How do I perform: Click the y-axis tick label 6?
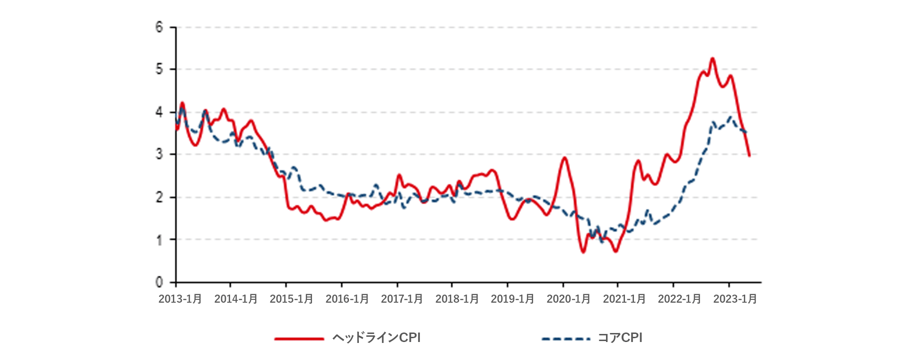coord(159,27)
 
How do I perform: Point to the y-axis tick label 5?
coord(159,69)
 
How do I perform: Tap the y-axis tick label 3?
coord(159,154)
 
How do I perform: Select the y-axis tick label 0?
coord(159,282)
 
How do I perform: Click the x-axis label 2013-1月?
coord(180,299)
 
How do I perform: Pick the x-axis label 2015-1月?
coord(292,299)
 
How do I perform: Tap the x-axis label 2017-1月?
coord(402,299)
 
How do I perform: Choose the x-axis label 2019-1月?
coord(513,299)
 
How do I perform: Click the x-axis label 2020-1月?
coord(569,299)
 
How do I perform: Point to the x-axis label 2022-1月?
coord(679,299)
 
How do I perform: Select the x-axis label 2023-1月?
coord(735,299)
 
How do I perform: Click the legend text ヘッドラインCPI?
coord(376,338)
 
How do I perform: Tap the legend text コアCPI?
coord(620,338)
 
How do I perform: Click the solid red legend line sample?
coord(299,339)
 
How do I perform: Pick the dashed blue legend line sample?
coord(566,339)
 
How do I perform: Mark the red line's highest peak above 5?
coord(713,59)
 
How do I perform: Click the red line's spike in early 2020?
coord(564,158)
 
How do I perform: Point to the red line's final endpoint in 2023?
coord(749,155)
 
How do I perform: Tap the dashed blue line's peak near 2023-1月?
coord(731,117)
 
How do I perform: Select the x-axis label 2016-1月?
coord(348,299)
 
